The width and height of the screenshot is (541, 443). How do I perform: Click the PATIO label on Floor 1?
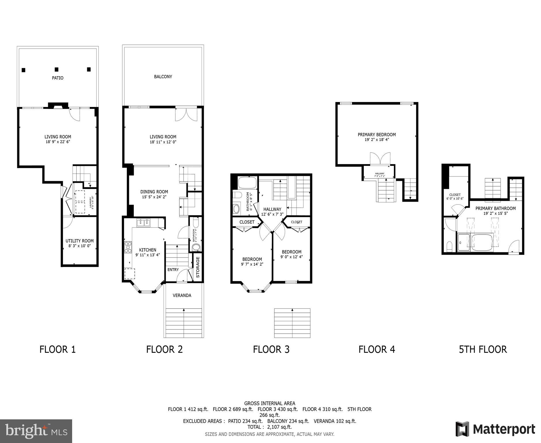pos(57,78)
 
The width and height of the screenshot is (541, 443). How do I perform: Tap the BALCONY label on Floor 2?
pos(163,76)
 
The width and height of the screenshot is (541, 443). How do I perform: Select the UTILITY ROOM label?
pos(79,241)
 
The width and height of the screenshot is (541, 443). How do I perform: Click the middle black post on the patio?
pos(57,70)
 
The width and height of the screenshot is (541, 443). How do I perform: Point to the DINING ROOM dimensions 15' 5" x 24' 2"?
pos(154,197)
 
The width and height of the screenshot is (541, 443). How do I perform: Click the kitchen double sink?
pos(143,223)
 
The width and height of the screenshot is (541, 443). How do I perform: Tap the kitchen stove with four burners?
pos(128,247)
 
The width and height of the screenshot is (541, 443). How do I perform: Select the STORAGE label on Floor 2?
pos(198,267)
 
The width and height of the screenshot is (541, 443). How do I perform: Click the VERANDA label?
pos(182,295)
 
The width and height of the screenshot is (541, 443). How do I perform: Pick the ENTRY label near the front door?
pos(173,270)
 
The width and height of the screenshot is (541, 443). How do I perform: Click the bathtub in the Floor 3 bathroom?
pos(247,183)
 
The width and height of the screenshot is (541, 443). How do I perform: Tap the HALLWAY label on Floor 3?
pos(272,209)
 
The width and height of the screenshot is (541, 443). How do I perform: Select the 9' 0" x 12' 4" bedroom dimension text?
pos(291,257)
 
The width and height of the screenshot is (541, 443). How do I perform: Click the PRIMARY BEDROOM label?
pos(377,134)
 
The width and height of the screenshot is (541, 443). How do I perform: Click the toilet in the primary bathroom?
pos(449,247)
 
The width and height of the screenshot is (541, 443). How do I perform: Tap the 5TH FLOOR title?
pos(483,349)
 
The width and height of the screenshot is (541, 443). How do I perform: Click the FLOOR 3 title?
pos(271,349)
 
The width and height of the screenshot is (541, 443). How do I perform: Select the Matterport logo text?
pos(503,429)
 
